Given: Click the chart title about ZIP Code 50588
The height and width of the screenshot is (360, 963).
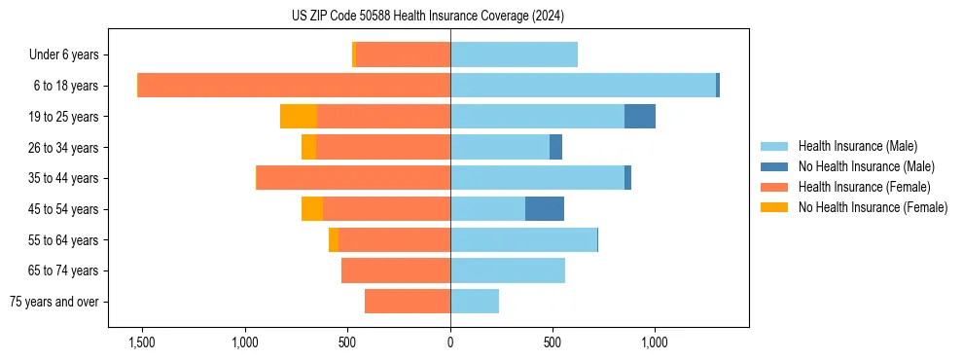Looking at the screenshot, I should [427, 17].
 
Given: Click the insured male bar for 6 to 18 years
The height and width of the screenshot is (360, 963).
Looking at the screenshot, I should [583, 86].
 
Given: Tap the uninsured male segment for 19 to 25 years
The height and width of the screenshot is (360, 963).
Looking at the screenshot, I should [639, 117].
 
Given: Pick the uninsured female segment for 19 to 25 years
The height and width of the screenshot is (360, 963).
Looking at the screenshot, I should [299, 117].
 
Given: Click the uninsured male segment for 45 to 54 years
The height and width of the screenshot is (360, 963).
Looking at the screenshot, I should [545, 209].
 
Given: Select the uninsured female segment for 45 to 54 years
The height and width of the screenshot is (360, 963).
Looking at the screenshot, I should [312, 209].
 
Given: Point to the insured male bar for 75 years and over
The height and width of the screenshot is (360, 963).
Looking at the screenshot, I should [475, 302].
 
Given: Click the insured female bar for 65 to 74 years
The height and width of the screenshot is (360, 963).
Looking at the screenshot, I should [396, 270].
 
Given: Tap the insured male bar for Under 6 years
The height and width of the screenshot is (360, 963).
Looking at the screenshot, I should [514, 55].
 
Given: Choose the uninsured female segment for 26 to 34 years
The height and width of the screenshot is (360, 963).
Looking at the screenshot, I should [308, 148].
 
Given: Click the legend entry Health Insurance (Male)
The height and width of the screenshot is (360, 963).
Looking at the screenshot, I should [857, 146].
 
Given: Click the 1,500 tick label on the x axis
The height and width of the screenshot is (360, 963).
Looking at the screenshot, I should [142, 342].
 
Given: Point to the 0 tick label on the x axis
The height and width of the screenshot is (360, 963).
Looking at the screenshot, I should [450, 342].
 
